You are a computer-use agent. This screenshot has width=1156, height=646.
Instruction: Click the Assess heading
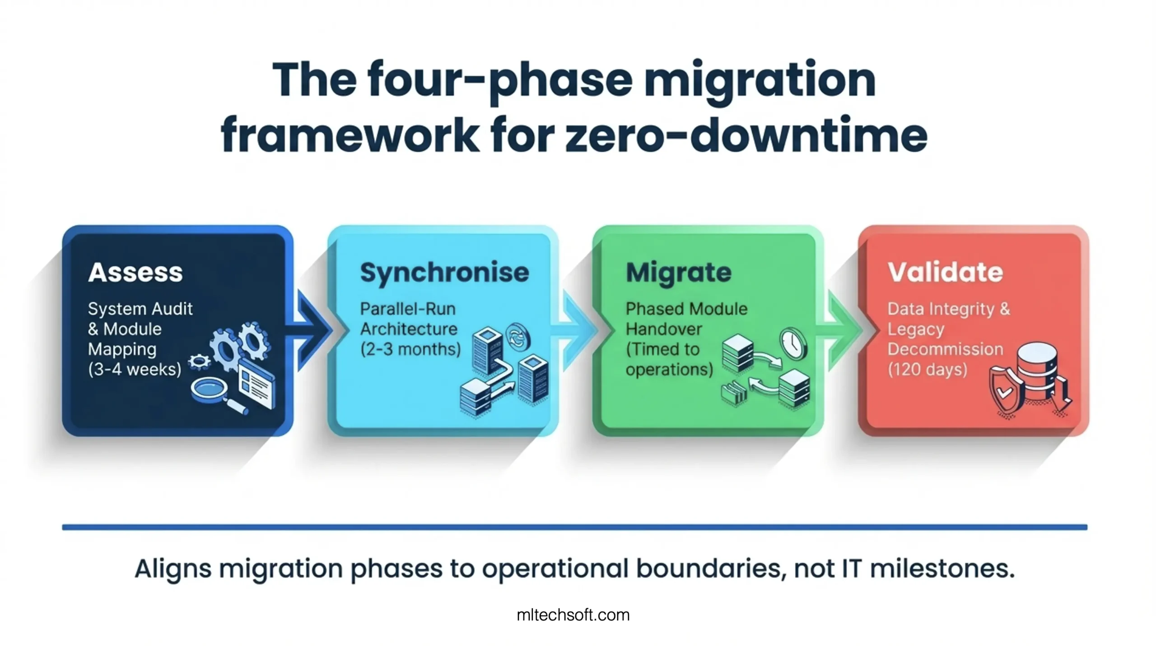click(135, 272)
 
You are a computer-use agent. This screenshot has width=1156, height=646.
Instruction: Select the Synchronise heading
click(444, 273)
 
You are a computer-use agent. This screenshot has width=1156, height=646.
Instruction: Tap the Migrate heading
click(678, 273)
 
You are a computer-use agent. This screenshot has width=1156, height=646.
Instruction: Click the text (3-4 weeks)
click(135, 369)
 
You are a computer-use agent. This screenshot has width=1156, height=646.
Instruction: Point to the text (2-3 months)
click(410, 349)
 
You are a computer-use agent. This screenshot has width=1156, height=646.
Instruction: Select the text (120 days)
click(928, 369)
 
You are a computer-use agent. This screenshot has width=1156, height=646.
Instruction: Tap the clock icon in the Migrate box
click(793, 343)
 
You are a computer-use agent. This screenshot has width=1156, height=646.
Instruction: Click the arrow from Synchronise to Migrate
click(575, 330)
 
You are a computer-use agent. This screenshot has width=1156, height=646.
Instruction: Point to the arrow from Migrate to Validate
click(841, 330)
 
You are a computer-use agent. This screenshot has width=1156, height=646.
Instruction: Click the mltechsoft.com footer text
click(573, 615)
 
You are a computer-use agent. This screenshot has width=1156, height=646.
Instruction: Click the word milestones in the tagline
click(942, 568)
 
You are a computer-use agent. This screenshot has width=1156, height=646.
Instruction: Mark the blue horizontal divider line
click(574, 527)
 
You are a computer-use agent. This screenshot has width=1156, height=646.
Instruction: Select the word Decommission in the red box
click(945, 349)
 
